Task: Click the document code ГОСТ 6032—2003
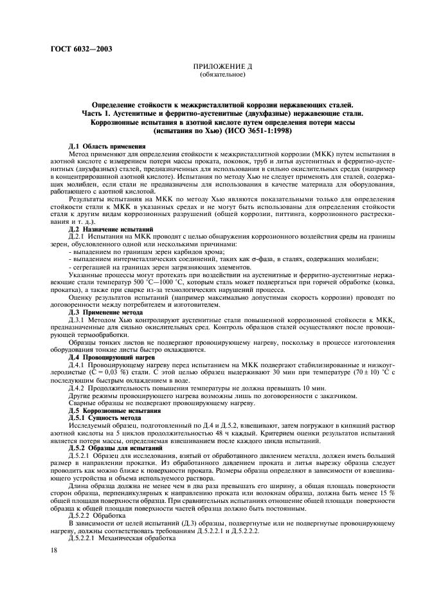(69, 50)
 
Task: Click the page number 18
(55, 550)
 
